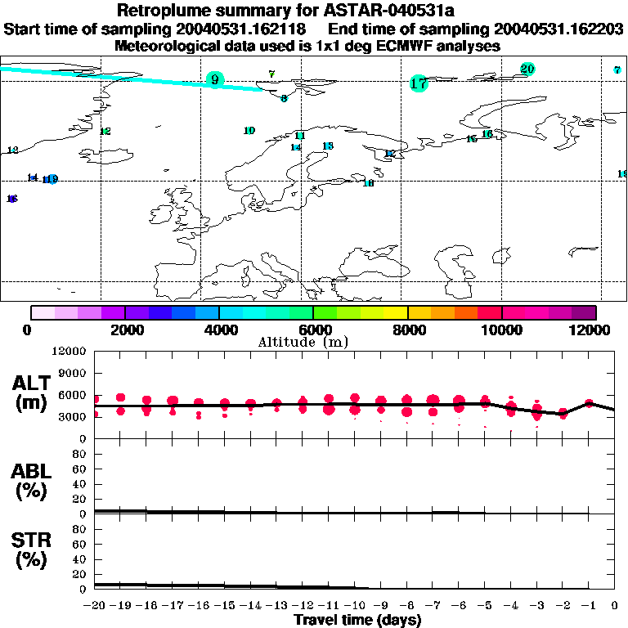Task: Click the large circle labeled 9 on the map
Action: pyautogui.click(x=215, y=79)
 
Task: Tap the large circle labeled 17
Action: pyautogui.click(x=419, y=83)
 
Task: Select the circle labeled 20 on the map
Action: pyautogui.click(x=527, y=69)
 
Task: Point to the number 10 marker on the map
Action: pyautogui.click(x=249, y=131)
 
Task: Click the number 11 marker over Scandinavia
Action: pyautogui.click(x=300, y=136)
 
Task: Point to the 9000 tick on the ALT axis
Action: pyautogui.click(x=72, y=373)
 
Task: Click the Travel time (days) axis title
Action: pyautogui.click(x=357, y=620)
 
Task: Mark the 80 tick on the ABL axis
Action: pyautogui.click(x=79, y=454)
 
